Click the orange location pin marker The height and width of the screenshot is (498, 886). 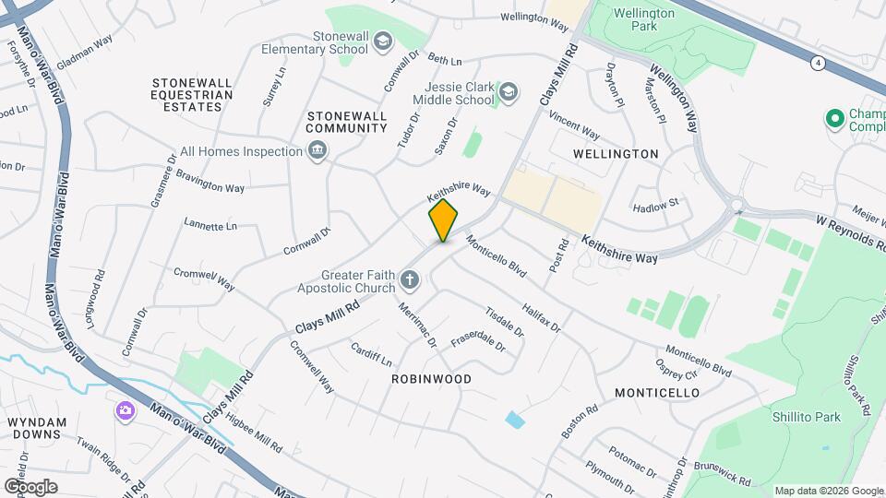444,219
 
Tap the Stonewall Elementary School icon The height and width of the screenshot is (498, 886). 382,41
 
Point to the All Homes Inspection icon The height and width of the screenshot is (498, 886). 317,150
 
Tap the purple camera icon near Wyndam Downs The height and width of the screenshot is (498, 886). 125,410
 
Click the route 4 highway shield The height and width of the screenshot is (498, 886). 818,63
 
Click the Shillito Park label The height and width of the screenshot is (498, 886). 807,417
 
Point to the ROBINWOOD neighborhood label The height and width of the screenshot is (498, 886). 431,379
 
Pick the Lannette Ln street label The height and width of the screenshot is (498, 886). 210,225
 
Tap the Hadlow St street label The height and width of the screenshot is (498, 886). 655,203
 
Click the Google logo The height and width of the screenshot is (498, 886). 30,486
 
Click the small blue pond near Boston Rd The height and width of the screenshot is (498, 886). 514,420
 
